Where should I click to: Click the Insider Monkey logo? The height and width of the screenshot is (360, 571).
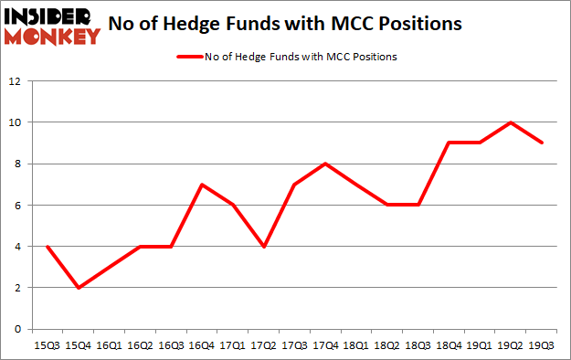pyautogui.click(x=52, y=26)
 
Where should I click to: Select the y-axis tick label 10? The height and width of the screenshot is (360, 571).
pyautogui.click(x=14, y=122)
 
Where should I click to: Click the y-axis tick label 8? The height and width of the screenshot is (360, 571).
pyautogui.click(x=16, y=164)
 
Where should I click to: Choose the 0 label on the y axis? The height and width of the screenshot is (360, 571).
pyautogui.click(x=16, y=329)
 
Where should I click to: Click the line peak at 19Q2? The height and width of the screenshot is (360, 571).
pyautogui.click(x=512, y=122)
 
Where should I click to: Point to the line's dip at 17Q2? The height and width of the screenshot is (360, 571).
pyautogui.click(x=263, y=247)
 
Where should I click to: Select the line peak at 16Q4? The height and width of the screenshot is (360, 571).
pyautogui.click(x=201, y=185)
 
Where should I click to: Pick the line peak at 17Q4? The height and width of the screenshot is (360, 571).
pyautogui.click(x=325, y=164)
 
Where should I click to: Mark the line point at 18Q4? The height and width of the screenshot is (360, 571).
pyautogui.click(x=449, y=143)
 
